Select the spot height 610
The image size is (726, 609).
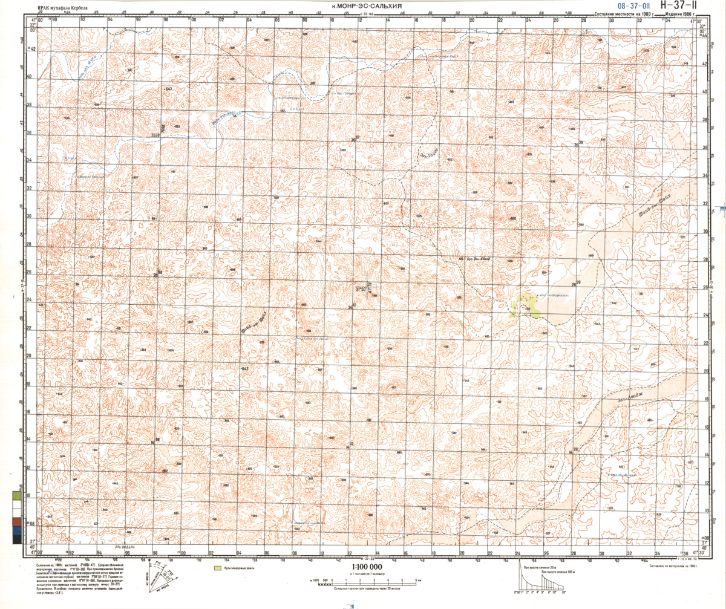pyautogui.click(x=514, y=219)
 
